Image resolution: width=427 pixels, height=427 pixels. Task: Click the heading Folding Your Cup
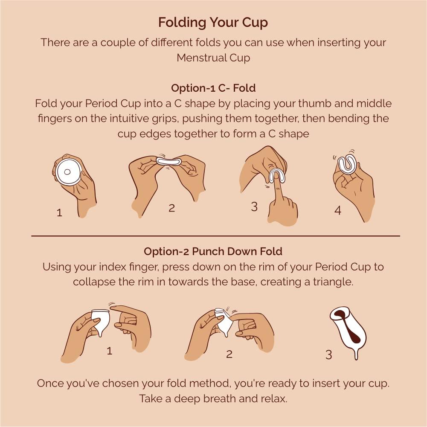pos(213,22)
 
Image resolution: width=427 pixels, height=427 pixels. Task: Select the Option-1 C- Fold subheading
pos(213,88)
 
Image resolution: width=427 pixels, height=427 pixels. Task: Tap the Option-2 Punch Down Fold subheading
pos(213,251)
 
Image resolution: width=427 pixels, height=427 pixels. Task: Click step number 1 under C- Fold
pos(59,212)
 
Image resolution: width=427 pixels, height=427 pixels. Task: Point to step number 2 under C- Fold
pos(172,208)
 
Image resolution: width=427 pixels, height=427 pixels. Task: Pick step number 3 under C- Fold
pos(255,207)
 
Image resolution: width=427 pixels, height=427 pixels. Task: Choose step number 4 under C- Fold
pos(338,210)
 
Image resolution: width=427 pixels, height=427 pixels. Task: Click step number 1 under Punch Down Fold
pos(110,351)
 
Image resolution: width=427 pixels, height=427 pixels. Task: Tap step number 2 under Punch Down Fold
pos(229,354)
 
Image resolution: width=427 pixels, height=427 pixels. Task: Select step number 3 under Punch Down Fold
pos(328,354)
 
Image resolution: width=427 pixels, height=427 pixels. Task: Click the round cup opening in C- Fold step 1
pos(68,172)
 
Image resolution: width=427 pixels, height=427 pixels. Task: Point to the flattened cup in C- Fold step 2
pos(169,161)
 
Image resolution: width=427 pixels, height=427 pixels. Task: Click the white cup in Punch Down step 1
pos(101,321)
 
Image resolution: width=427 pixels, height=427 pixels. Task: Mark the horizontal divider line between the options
pos(215,235)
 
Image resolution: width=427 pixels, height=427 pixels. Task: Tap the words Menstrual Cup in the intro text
pos(213,58)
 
